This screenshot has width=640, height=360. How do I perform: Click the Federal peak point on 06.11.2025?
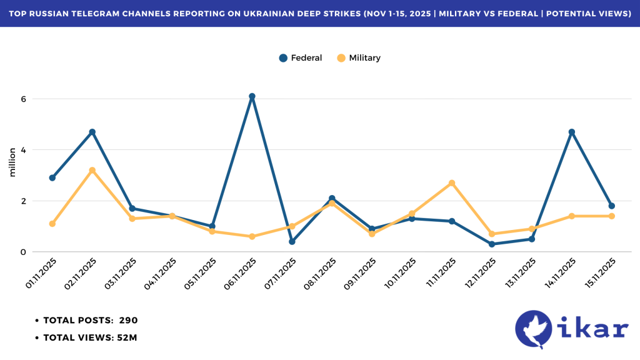252,97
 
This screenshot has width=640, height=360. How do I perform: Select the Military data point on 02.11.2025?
92,170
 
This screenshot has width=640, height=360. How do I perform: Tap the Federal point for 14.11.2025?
571,132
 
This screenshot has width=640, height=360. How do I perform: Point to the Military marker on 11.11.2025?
452,183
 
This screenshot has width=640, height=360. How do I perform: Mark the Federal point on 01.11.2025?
52,178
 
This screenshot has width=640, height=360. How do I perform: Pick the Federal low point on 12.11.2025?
492,244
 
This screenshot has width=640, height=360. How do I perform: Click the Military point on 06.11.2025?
252,237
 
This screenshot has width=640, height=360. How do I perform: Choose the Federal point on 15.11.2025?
611,206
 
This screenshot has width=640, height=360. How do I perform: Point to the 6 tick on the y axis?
22,99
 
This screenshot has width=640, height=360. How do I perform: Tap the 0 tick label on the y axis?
22,252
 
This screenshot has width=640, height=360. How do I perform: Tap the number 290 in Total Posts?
128,321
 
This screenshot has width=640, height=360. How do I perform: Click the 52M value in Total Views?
126,338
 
